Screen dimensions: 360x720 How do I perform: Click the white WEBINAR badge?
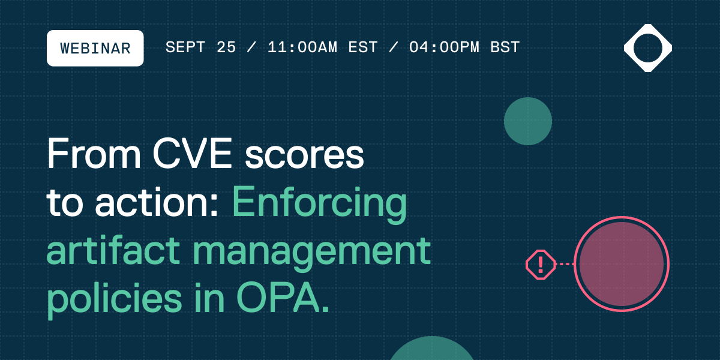tap(95, 48)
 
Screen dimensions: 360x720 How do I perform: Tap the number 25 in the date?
tap(226, 48)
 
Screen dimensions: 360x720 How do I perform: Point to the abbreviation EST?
tap(364, 48)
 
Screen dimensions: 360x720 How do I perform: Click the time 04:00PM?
tap(444, 48)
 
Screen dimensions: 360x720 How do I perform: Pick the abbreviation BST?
tap(505, 48)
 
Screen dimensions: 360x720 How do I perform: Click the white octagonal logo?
tap(647, 48)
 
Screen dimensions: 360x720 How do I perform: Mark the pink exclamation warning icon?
tap(541, 264)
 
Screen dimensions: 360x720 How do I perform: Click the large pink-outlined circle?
tap(621, 264)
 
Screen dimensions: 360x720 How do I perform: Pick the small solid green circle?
tap(527, 121)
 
